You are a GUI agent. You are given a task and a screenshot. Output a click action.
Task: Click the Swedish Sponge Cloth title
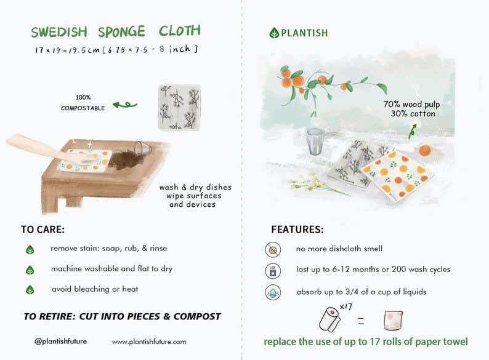click(x=116, y=32)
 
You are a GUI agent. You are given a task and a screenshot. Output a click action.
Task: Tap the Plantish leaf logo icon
click(x=274, y=33)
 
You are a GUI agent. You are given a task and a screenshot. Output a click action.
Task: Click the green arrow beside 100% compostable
click(x=125, y=105)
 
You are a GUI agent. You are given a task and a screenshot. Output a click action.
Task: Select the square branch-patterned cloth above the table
click(x=179, y=107)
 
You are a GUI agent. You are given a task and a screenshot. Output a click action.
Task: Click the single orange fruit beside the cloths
click(x=426, y=150)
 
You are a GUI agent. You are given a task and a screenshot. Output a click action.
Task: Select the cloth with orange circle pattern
click(x=397, y=174)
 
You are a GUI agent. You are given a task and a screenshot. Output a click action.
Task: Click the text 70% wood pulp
click(x=411, y=105)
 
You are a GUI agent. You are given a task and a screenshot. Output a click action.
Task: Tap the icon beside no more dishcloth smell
click(x=273, y=249)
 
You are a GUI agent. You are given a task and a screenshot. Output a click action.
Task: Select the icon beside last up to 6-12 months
click(x=273, y=270)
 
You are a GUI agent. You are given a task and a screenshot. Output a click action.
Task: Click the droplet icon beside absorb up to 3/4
click(x=273, y=292)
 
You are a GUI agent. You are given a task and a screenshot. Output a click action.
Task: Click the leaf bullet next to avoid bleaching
click(x=30, y=289)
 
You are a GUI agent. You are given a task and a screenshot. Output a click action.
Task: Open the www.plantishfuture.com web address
click(x=149, y=342)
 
